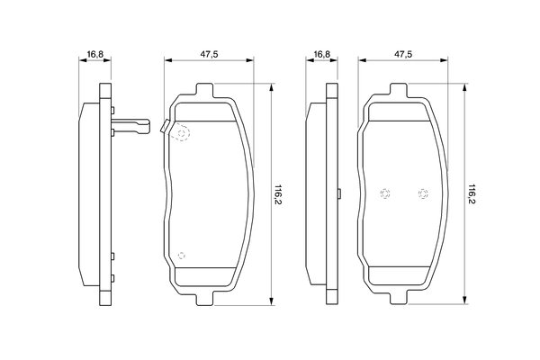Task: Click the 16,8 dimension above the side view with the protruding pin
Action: click(x=95, y=54)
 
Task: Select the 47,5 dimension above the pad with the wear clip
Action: click(x=209, y=54)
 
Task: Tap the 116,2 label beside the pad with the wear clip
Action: click(x=277, y=194)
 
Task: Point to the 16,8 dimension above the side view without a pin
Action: click(x=322, y=54)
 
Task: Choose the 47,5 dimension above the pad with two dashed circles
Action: click(x=403, y=54)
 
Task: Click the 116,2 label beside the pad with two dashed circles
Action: click(x=471, y=194)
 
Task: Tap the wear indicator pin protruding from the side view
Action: click(x=130, y=126)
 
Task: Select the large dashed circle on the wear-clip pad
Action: click(x=182, y=134)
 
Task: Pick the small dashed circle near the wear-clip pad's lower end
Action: click(x=181, y=256)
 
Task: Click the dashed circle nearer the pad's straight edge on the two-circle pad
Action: click(x=384, y=193)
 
